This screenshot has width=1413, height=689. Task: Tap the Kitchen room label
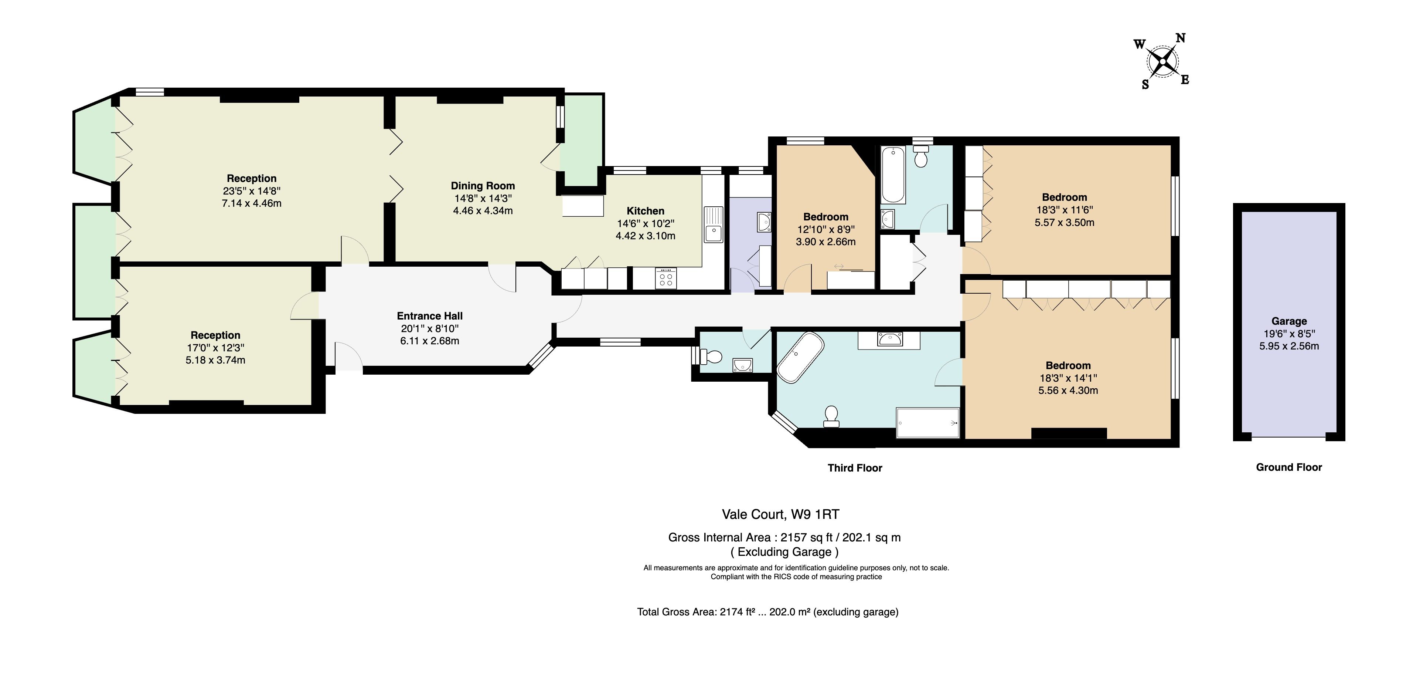tap(646, 211)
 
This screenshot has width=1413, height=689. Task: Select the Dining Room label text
tap(483, 186)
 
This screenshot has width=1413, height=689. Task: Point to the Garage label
tap(1289, 321)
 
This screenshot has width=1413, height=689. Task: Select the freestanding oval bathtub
tap(800, 357)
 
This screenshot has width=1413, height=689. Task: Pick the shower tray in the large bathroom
tap(927, 423)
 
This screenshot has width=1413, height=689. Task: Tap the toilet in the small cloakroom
tap(711, 357)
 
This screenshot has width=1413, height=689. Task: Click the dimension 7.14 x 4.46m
tap(252, 203)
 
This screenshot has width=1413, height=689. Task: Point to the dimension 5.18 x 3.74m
tap(215, 360)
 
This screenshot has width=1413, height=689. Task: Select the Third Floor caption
tap(855, 468)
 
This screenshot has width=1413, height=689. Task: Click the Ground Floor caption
tap(1289, 467)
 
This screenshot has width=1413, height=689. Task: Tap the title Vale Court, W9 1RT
tap(780, 514)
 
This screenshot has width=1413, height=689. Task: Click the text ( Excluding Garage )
tap(784, 552)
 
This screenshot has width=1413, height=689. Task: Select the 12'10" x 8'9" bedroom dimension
tap(826, 230)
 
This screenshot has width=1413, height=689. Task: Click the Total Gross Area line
tap(768, 612)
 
